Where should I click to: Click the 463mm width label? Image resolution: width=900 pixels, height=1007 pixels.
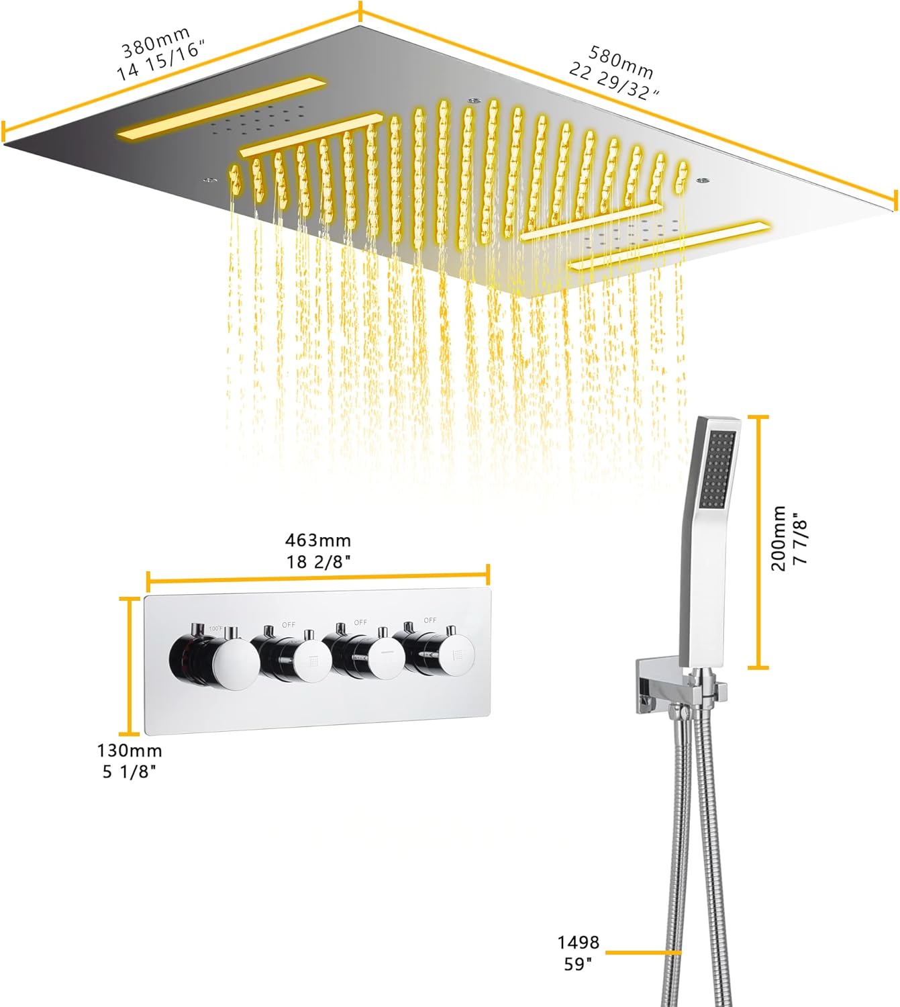pyautogui.click(x=318, y=540)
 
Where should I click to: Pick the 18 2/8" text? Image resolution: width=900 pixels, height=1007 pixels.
pyautogui.click(x=318, y=561)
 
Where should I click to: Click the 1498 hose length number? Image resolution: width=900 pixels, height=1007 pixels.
pyautogui.click(x=579, y=943)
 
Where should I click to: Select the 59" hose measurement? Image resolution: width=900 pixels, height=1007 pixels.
pyautogui.click(x=579, y=964)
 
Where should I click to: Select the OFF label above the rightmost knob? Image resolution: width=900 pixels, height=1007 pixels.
pyautogui.click(x=430, y=620)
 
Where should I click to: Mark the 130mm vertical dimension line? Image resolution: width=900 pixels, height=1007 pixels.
pyautogui.click(x=130, y=665)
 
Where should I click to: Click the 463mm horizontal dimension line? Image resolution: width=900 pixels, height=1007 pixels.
pyautogui.click(x=318, y=575)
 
